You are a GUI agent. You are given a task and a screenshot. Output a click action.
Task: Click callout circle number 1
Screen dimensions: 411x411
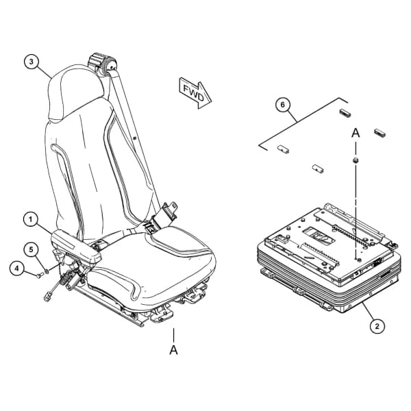(x=32, y=219)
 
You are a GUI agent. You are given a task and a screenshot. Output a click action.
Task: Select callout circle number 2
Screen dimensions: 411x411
(x=377, y=326)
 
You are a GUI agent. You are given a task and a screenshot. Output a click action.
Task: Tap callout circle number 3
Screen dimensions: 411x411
(x=32, y=62)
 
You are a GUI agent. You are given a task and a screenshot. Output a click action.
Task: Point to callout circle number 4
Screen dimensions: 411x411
(x=17, y=269)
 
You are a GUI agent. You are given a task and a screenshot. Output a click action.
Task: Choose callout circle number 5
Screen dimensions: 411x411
(x=32, y=249)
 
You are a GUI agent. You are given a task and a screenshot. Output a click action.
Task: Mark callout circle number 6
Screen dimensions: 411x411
(x=282, y=105)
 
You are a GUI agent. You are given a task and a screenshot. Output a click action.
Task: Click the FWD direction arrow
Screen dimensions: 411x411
(x=195, y=93)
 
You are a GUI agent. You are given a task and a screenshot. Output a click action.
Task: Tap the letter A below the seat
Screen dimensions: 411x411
(x=173, y=350)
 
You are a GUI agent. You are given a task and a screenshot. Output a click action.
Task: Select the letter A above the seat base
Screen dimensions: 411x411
(x=356, y=133)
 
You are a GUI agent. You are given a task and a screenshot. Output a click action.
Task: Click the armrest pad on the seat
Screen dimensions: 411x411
(x=76, y=245)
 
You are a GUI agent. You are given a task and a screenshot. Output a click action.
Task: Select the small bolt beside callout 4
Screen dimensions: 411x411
(x=40, y=276)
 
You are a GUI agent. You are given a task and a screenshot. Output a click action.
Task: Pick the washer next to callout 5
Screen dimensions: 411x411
(x=47, y=271)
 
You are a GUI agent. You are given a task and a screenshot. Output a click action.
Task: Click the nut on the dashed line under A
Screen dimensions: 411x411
(x=356, y=160)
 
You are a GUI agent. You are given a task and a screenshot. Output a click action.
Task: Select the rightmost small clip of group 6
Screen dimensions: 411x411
(x=379, y=133)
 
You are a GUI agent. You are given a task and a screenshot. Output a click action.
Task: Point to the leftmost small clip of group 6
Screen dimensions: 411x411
(x=283, y=149)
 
